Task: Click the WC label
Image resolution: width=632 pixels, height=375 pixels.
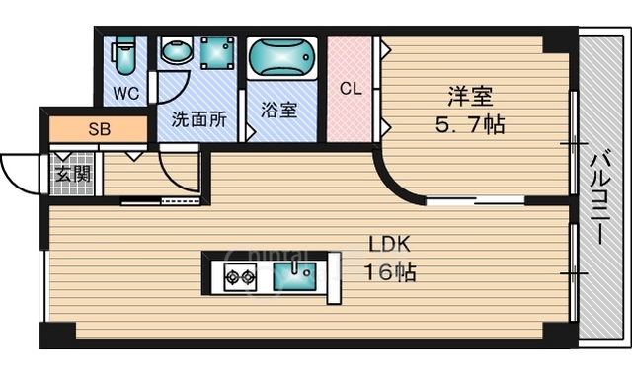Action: click(124, 95)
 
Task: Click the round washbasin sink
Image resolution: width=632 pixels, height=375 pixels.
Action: click(177, 52)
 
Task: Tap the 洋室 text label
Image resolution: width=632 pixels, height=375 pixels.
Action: click(469, 98)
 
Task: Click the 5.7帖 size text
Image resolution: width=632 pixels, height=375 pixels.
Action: click(469, 125)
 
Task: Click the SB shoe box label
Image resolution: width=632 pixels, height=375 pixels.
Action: click(100, 129)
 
